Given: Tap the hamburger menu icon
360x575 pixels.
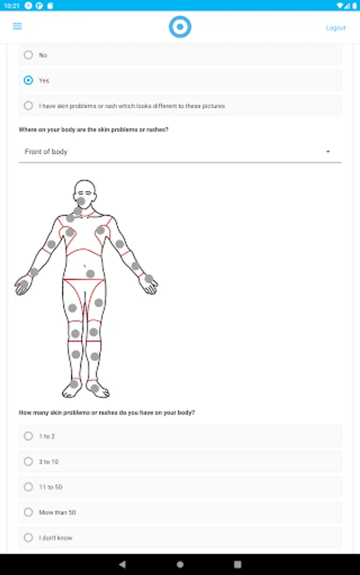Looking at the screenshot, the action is coord(17,26).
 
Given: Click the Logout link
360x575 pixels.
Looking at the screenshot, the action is coord(336,28).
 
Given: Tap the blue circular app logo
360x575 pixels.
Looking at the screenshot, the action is coord(180,27).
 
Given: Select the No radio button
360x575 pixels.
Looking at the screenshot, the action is coord(28,55).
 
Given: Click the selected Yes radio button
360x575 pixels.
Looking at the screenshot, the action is coord(28,80).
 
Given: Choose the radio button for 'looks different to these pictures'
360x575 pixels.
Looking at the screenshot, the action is coord(28,105).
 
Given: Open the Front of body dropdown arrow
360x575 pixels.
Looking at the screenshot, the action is coord(328,151).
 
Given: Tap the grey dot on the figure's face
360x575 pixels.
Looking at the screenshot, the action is coord(81,201).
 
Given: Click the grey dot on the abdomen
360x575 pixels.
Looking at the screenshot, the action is coord(90,273).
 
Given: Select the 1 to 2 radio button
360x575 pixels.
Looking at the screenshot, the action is coord(28,436).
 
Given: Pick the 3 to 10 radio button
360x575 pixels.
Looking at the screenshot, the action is coord(28,461).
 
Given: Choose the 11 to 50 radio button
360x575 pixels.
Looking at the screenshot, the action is coord(28,487).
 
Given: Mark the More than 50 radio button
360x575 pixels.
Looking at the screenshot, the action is coord(28,512).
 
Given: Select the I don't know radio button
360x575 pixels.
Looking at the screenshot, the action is coord(28,537).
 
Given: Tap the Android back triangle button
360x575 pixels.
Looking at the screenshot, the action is coord(122,564).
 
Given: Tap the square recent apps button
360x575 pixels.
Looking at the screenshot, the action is coord(238,564).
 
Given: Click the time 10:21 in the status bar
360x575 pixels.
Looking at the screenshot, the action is coord(12,6).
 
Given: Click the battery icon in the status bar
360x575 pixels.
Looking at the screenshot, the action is coord(354,6).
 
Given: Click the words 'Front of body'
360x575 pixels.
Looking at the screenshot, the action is coord(46,151).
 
